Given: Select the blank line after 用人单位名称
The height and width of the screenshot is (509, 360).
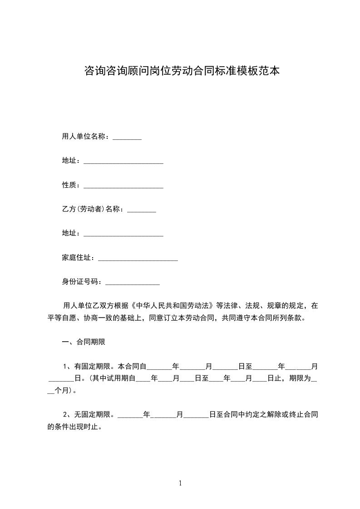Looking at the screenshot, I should pos(127,138).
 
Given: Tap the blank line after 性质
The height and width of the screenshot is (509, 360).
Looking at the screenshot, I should pos(123,186).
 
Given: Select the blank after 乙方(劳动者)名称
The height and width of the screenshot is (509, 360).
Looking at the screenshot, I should pos(142,211).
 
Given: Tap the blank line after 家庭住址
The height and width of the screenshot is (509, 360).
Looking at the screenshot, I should pos(138,259).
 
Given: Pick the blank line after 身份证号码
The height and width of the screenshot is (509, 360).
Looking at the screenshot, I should pos(133,284).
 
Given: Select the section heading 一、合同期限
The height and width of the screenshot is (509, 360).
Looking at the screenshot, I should pos(84,342).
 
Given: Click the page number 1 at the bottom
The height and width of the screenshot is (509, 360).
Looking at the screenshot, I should pos(180,483).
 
